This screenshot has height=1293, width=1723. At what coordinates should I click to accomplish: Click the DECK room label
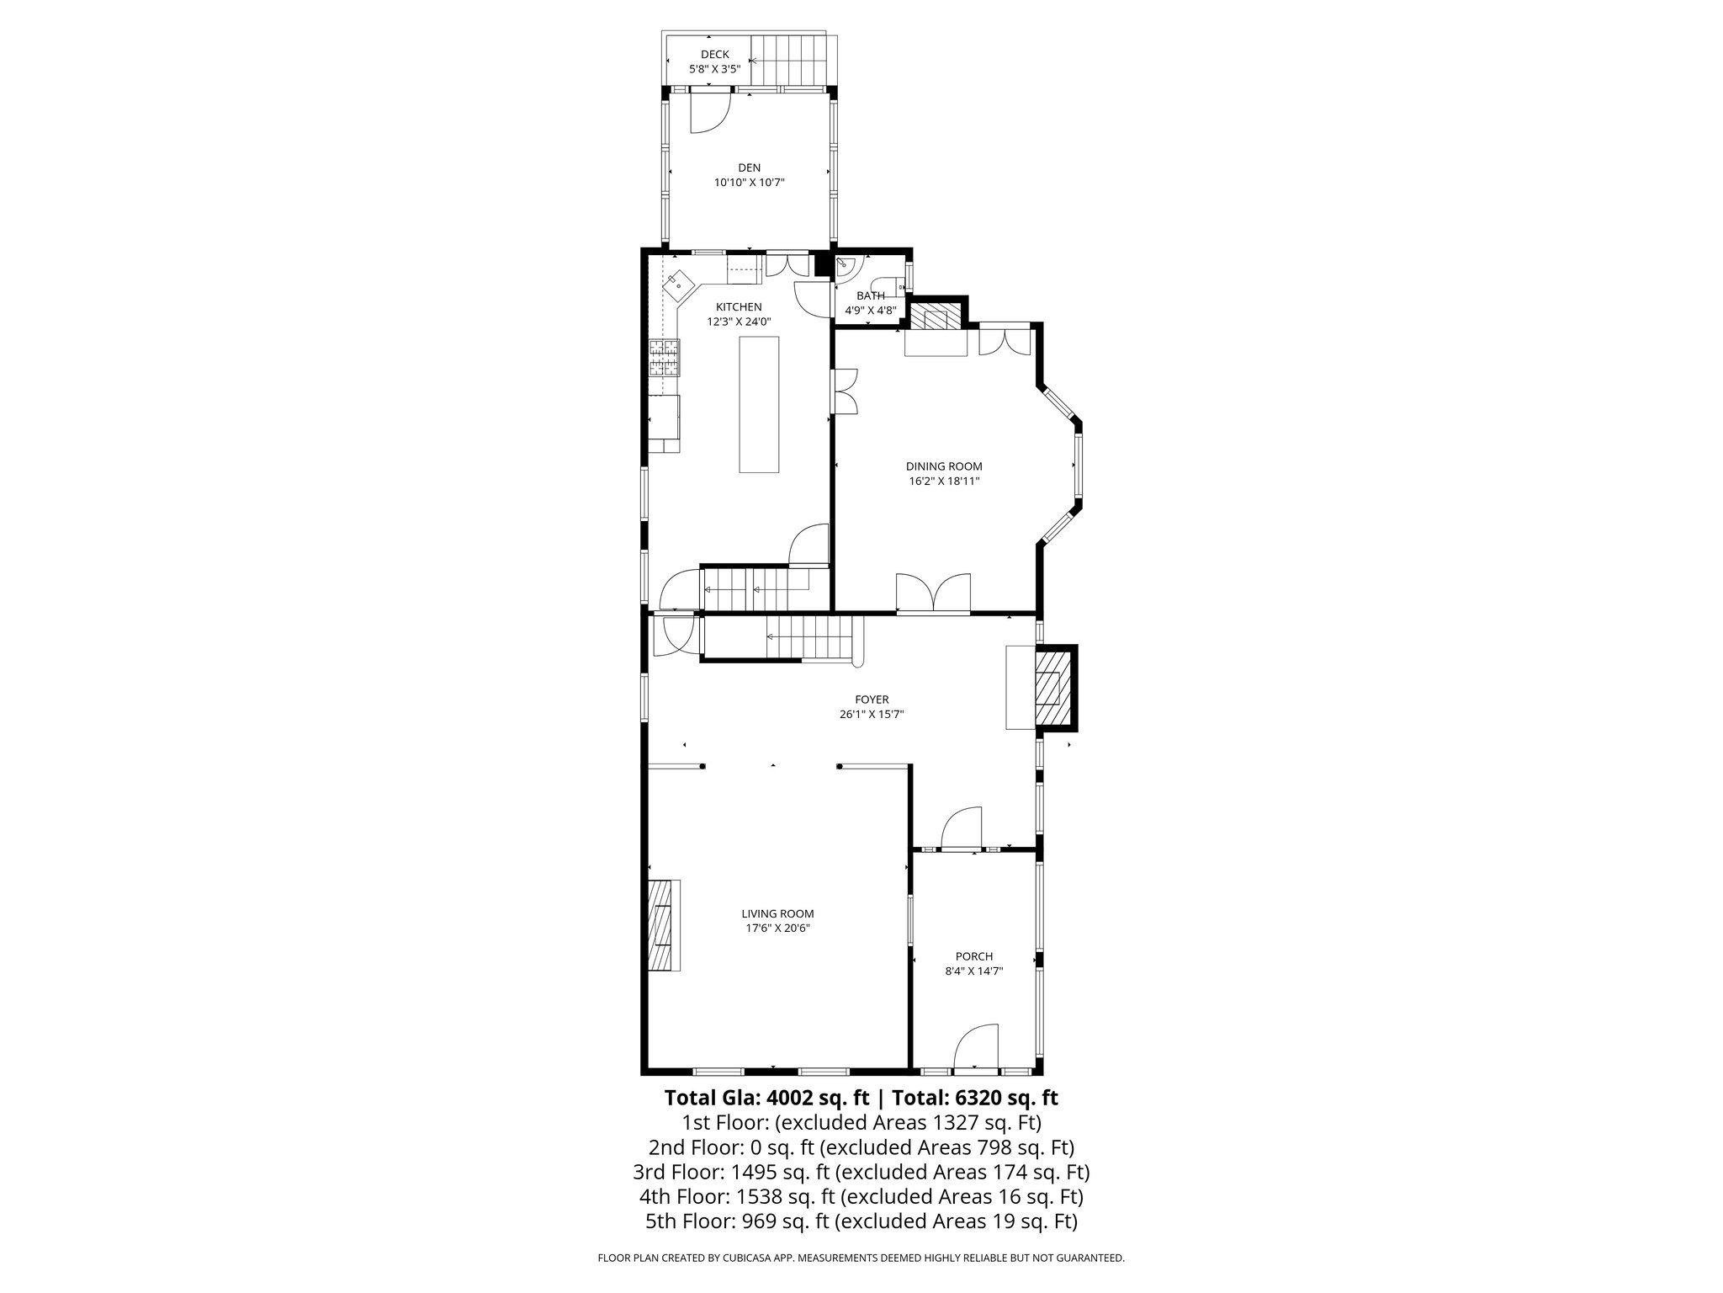pyautogui.click(x=715, y=54)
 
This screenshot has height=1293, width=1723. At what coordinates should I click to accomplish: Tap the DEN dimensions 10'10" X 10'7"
pyautogui.click(x=749, y=182)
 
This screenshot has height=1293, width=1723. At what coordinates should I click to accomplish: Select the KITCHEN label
pyautogui.click(x=739, y=307)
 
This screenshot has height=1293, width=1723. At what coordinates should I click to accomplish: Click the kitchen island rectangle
pyautogui.click(x=759, y=404)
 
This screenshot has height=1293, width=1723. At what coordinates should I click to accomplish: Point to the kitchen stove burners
pyautogui.click(x=665, y=357)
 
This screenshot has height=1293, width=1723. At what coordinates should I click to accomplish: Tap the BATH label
pyautogui.click(x=871, y=295)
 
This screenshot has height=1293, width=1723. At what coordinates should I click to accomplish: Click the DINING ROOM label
pyautogui.click(x=944, y=466)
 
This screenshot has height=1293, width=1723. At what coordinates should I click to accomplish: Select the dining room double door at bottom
pyautogui.click(x=933, y=591)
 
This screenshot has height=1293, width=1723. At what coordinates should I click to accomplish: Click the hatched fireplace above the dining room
pyautogui.click(x=936, y=317)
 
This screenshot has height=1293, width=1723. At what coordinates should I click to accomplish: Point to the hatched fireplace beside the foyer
pyautogui.click(x=1052, y=687)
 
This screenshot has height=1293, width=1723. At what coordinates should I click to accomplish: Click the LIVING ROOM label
pyautogui.click(x=777, y=913)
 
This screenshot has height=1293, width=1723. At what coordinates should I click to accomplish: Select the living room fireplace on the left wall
pyautogui.click(x=664, y=926)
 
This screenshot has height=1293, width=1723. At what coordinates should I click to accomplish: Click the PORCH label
pyautogui.click(x=974, y=956)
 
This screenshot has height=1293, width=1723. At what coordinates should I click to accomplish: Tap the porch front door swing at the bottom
pyautogui.click(x=976, y=1048)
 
